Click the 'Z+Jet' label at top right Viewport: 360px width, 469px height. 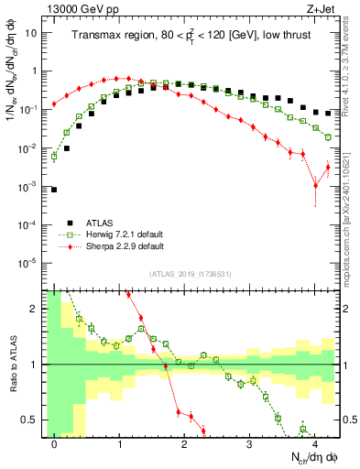(x=324, y=7)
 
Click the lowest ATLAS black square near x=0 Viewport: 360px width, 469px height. (x=55, y=190)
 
